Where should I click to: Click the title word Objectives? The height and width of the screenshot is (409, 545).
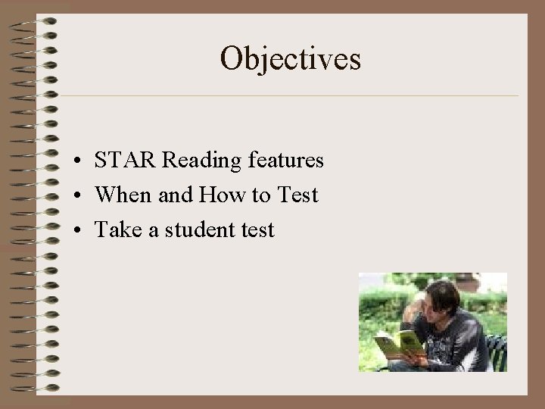[x=290, y=58]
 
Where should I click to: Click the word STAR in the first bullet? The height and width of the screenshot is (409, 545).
[x=125, y=161]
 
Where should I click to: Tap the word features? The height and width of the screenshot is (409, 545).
[x=285, y=161]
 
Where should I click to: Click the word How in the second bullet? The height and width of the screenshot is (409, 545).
[x=213, y=195]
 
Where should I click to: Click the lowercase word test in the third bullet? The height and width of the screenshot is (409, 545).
[x=254, y=230]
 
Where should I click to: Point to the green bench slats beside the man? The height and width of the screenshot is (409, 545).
[x=497, y=348]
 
